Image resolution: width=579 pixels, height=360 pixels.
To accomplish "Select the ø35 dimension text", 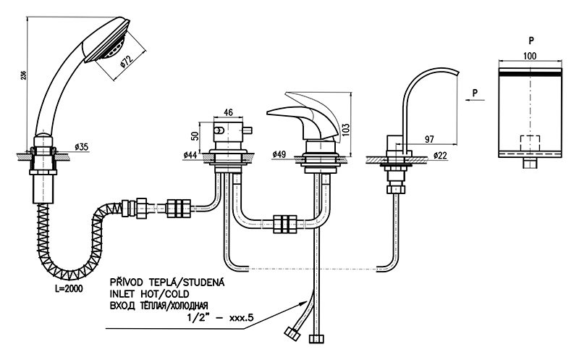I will [x=82, y=148].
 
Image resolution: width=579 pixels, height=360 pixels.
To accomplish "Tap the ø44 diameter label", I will [x=192, y=155].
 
